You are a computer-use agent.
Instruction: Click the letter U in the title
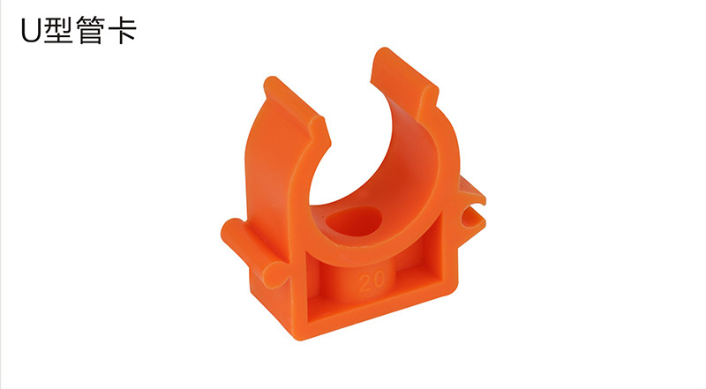[x=31, y=31]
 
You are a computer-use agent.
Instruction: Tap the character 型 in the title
[x=58, y=30]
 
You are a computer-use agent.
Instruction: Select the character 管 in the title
[x=90, y=30]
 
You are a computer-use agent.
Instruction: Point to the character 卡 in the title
[x=122, y=30]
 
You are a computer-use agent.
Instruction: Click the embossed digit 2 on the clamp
[x=365, y=282]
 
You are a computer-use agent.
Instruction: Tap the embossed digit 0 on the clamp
[x=379, y=279]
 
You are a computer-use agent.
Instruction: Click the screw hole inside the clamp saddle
[x=355, y=221]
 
